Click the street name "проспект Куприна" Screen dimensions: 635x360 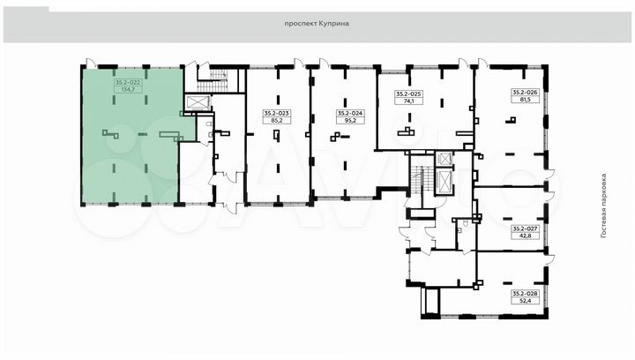(x=317, y=24)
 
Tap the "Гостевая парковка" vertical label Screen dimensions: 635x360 (x=604, y=206)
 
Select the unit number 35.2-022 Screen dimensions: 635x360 (x=128, y=82)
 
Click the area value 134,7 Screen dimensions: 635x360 (x=128, y=89)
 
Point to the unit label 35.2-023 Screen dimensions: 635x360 (x=277, y=114)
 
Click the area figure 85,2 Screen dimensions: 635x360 (x=277, y=120)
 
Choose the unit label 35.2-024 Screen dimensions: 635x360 (x=350, y=114)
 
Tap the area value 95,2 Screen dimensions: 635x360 (x=350, y=120)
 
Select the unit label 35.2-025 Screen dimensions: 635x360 (x=409, y=94)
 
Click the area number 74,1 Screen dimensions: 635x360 (x=409, y=101)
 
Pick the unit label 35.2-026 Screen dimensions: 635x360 (x=526, y=93)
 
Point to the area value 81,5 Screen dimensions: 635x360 (x=526, y=99)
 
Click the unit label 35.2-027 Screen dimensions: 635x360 (x=526, y=229)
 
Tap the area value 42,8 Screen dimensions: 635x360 (x=526, y=236)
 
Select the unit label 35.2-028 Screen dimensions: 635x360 (x=526, y=294)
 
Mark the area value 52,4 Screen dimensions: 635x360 (x=526, y=301)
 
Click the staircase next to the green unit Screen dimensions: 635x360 (x=213, y=80)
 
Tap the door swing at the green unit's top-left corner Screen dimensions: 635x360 (x=90, y=63)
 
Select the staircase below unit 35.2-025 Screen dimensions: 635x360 (x=422, y=181)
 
